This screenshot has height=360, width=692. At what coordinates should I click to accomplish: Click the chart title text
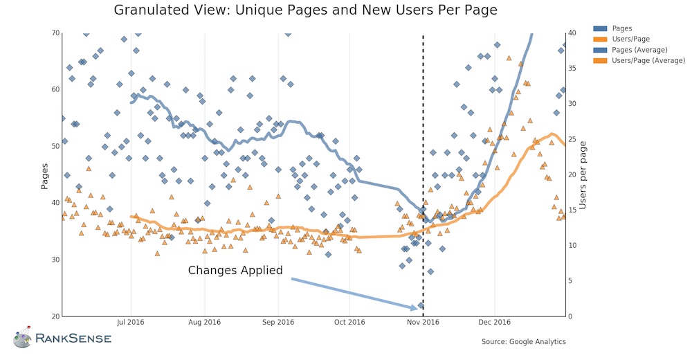point(305,10)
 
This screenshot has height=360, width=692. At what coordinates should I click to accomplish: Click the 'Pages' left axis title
point(45,174)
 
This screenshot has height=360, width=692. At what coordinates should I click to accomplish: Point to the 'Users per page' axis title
point(583,174)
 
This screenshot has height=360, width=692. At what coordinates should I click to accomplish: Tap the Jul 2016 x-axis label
point(131,322)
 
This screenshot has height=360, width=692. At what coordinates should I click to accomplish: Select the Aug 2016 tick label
point(204,322)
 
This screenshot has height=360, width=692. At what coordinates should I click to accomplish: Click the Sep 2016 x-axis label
point(278,322)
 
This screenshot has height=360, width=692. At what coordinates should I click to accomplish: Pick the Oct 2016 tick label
point(349,322)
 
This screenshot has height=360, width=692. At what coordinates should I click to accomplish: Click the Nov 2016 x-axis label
point(423,322)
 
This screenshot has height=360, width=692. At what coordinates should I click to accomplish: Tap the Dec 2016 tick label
point(494,322)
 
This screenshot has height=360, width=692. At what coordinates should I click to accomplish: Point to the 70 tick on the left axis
point(55,33)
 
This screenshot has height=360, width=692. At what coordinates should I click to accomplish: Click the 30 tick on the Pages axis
point(55,260)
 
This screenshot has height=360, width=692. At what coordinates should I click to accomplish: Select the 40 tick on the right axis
point(572,33)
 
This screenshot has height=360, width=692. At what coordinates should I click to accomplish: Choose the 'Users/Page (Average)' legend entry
point(639,61)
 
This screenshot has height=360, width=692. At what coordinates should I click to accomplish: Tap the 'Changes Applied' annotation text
point(235,270)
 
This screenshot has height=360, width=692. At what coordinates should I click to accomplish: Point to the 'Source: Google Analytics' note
point(523,341)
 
